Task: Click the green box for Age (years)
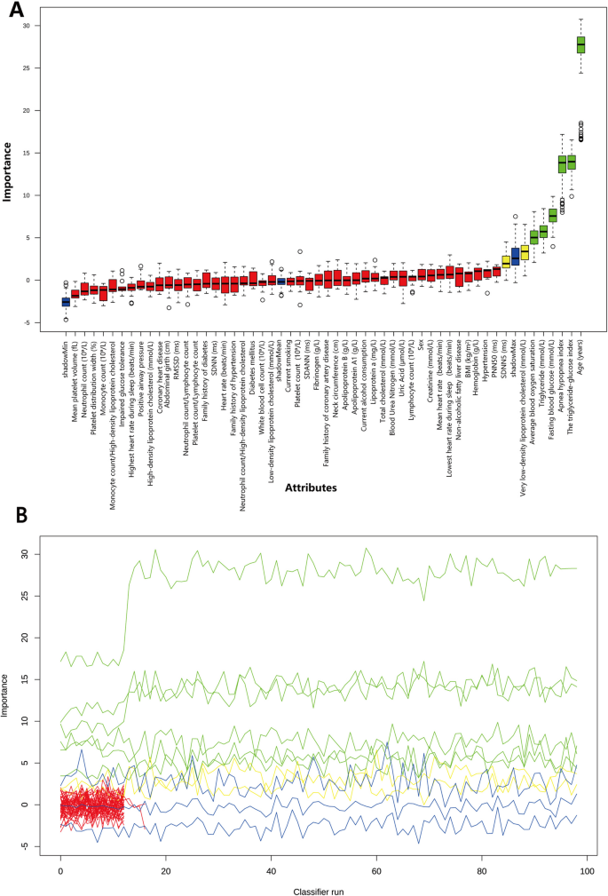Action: coord(581,44)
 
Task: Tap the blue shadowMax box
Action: coord(516,257)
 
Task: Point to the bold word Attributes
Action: coord(318,488)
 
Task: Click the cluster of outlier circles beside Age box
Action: coord(581,131)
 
